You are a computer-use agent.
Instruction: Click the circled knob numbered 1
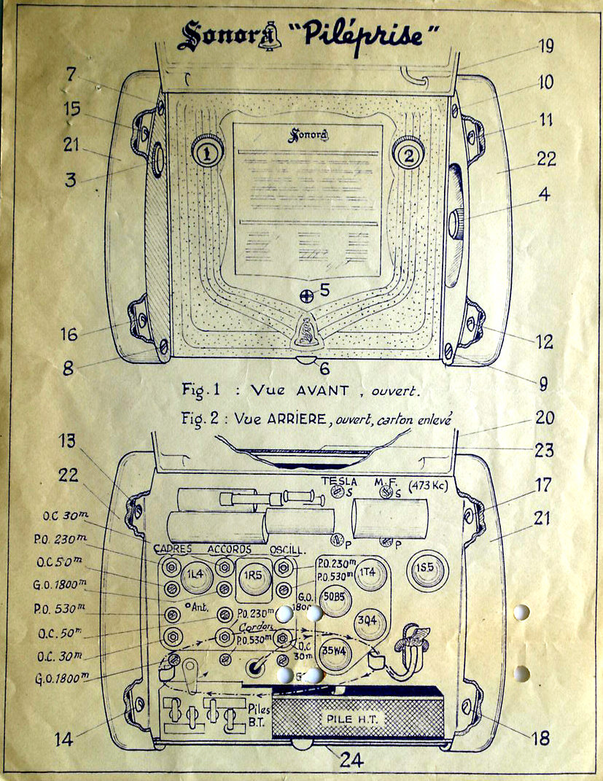pos(207,152)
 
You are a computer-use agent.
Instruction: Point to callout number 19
pos(546,46)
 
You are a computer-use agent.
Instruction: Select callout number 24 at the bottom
pos(351,760)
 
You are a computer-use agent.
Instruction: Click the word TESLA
pos(340,481)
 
